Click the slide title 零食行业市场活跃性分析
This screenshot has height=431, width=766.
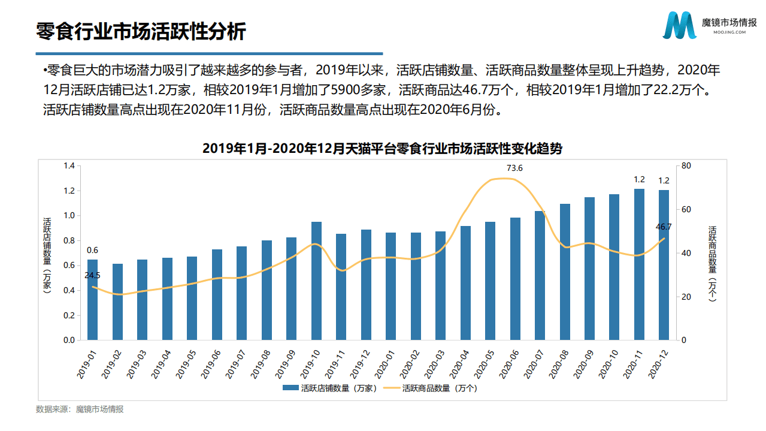(x=141, y=31)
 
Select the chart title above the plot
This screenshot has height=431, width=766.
(x=382, y=149)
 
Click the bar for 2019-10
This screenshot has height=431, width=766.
(x=316, y=281)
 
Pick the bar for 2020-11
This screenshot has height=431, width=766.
(x=639, y=264)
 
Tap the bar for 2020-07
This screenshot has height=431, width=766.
(x=540, y=275)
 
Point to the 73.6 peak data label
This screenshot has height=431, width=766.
(x=514, y=168)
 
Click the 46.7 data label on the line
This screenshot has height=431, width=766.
(x=664, y=227)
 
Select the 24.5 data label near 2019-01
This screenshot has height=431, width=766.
(x=92, y=275)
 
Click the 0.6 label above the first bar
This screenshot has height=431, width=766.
(x=92, y=250)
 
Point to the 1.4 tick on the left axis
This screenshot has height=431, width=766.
(x=69, y=166)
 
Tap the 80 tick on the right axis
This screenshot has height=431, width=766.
(x=686, y=166)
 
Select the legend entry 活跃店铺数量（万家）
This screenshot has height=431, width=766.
(x=331, y=388)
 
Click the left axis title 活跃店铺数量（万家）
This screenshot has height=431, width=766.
(x=47, y=255)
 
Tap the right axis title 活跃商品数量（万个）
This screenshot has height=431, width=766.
(x=712, y=264)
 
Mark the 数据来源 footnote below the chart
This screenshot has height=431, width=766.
(x=80, y=409)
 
